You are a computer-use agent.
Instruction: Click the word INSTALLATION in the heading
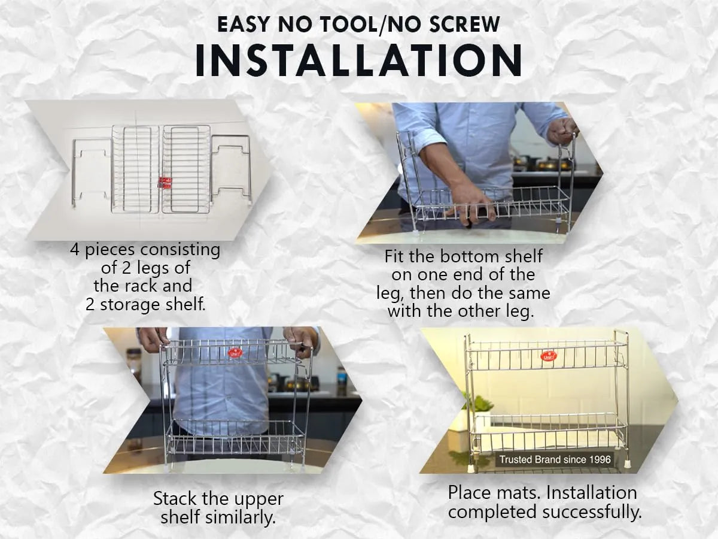[358, 60]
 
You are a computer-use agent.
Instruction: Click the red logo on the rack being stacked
[233, 353]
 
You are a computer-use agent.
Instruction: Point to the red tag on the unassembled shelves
[165, 182]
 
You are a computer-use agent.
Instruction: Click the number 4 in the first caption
[75, 250]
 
